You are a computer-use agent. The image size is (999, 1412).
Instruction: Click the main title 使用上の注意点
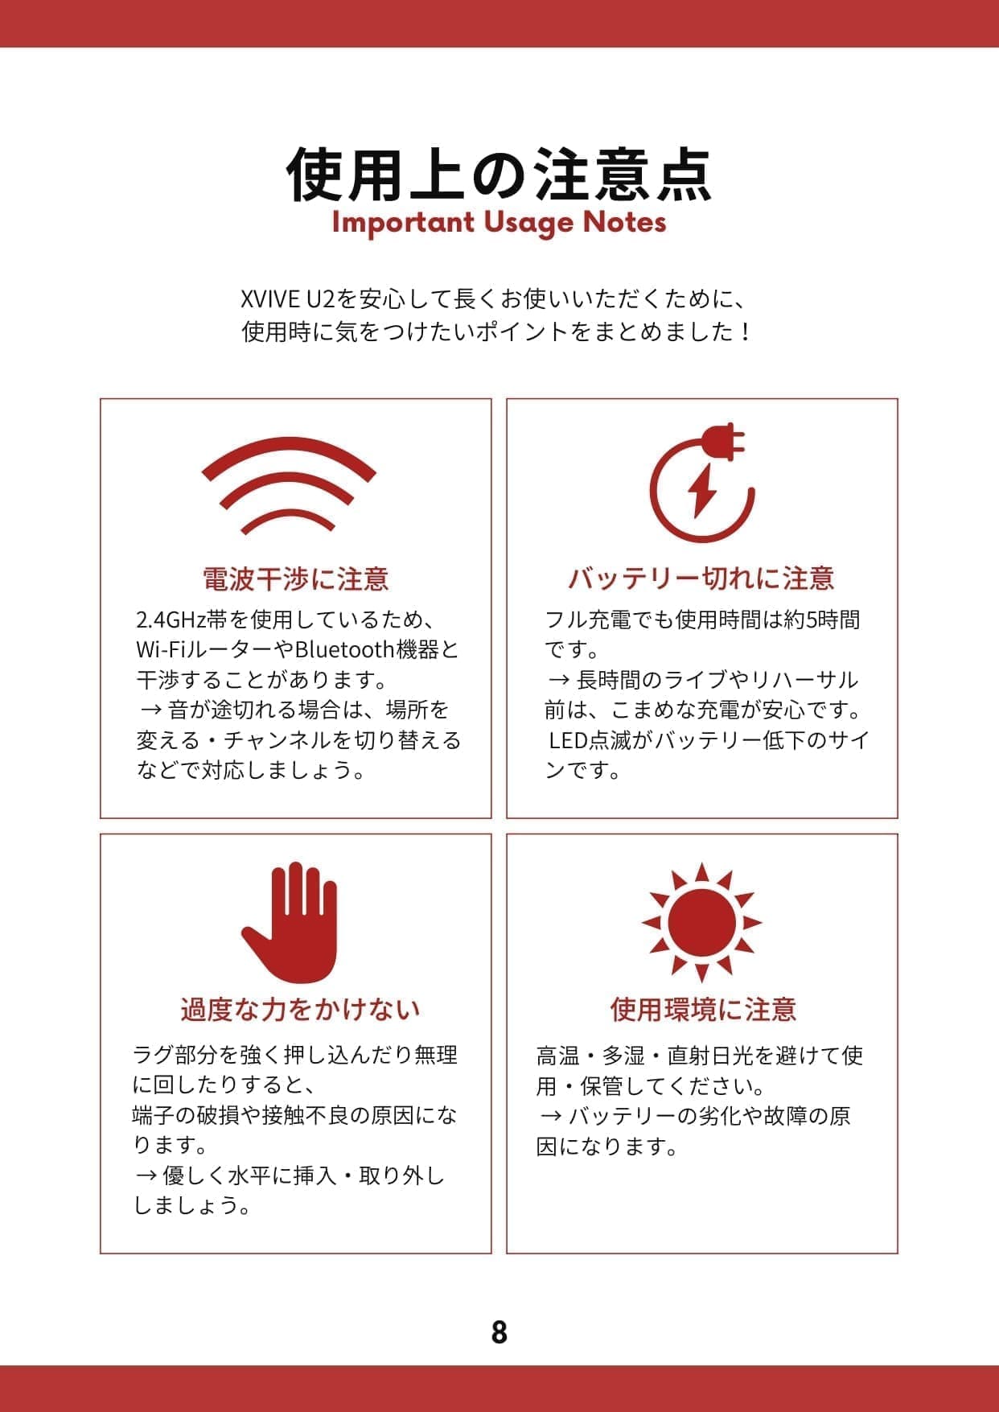click(499, 174)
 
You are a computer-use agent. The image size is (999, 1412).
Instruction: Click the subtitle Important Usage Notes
click(499, 222)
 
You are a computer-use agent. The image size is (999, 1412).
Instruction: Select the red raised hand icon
click(291, 922)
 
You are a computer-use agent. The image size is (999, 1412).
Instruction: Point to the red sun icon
click(701, 922)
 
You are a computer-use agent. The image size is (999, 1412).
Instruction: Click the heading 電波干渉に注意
click(295, 578)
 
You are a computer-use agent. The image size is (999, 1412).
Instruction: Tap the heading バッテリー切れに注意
click(701, 578)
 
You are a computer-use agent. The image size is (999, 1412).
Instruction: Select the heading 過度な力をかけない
click(300, 1009)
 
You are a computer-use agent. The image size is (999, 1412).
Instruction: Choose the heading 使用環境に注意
click(703, 1009)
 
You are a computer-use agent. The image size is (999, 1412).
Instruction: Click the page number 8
click(499, 1332)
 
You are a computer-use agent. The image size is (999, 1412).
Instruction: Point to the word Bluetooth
click(343, 649)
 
